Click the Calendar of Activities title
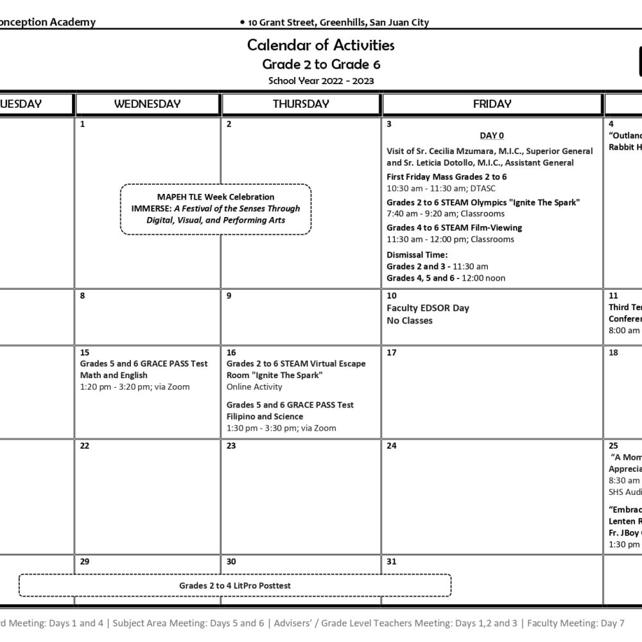[x=320, y=45]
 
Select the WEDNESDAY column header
[x=147, y=104]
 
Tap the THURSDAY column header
[x=300, y=104]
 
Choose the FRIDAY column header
[x=492, y=104]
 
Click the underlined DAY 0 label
[x=492, y=135]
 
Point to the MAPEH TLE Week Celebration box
[x=216, y=209]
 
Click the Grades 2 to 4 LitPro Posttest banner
[x=235, y=586]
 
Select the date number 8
[x=83, y=296]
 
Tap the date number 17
[x=392, y=352]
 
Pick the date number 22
[x=85, y=446]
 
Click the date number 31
[x=392, y=562]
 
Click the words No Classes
[x=410, y=320]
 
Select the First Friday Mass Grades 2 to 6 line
[x=447, y=177]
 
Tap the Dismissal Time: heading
[x=417, y=255]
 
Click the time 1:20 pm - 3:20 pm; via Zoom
[x=135, y=387]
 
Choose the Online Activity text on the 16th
[x=254, y=387]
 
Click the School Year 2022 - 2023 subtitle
[x=321, y=81]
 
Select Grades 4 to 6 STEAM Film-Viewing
[x=454, y=228]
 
